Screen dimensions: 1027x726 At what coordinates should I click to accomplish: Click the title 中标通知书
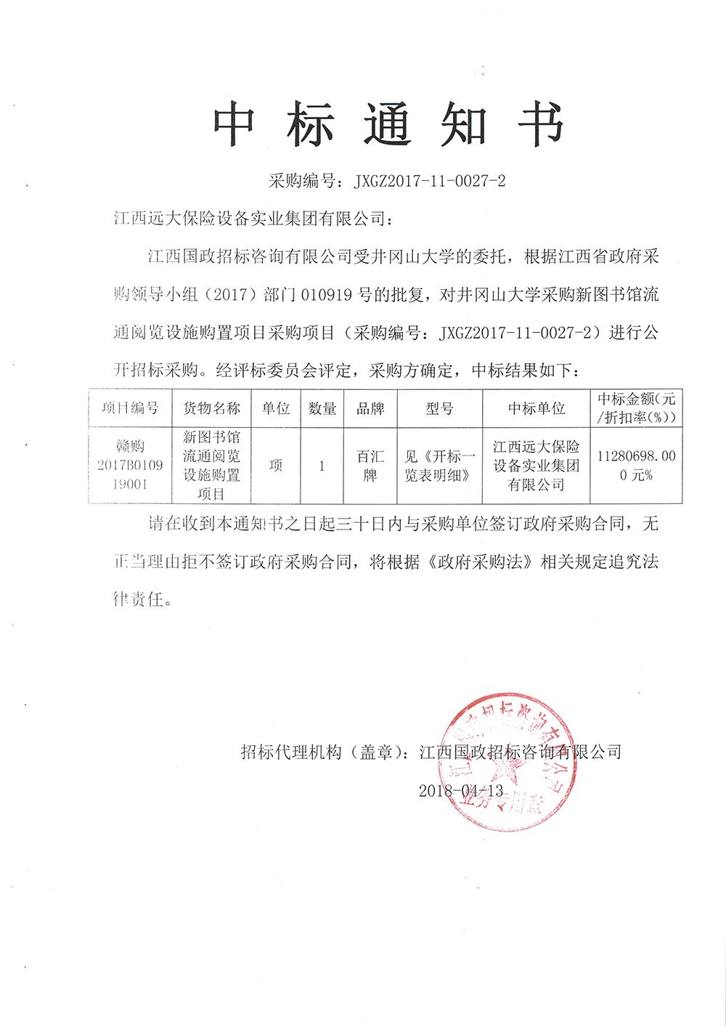(389, 125)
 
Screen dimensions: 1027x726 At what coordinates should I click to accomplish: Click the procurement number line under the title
(387, 182)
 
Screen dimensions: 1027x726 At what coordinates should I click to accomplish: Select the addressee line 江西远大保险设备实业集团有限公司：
(253, 219)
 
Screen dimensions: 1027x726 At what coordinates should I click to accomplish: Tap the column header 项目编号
(130, 408)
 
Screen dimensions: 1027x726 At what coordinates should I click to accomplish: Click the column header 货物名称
(211, 408)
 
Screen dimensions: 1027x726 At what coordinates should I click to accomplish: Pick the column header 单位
(276, 408)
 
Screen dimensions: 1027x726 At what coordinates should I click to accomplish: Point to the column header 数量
(322, 408)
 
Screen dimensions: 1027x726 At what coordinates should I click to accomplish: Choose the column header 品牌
(370, 408)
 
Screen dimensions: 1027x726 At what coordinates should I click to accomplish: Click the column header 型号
(439, 408)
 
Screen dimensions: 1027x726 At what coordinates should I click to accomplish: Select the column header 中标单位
(537, 408)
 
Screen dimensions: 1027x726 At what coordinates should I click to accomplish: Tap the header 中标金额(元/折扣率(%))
(637, 408)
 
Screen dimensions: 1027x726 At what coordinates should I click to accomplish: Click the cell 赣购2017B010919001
(130, 465)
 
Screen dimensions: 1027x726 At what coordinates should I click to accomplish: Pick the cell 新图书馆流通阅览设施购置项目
(211, 465)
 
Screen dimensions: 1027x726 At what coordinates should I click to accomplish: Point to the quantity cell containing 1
(322, 466)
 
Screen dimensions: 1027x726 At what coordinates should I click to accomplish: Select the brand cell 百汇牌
(370, 466)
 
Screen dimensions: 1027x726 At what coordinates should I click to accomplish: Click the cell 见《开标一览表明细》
(439, 466)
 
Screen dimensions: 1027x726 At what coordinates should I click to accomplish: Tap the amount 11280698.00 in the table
(636, 457)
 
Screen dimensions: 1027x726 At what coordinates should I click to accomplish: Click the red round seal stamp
(508, 762)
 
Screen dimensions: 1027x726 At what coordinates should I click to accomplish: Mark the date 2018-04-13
(460, 791)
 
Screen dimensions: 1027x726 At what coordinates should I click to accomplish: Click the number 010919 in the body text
(326, 295)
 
